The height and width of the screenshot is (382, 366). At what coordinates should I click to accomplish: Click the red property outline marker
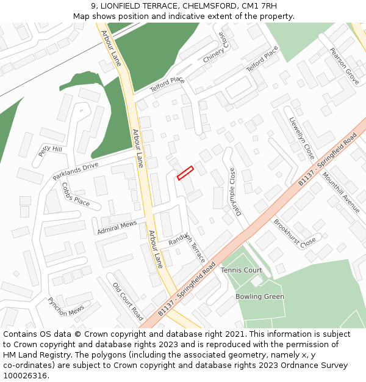(x=185, y=173)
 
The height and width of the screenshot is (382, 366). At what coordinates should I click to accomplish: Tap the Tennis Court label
(x=241, y=270)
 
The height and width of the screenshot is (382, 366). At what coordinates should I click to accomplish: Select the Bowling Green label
(x=260, y=297)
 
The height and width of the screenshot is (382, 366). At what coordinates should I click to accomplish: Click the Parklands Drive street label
(x=75, y=171)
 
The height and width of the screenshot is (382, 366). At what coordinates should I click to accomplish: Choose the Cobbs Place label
(x=76, y=195)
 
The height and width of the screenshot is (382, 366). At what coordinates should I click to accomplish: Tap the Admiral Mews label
(x=117, y=228)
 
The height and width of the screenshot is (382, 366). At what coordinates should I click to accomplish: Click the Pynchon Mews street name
(x=65, y=306)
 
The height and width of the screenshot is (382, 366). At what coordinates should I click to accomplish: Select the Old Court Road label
(x=127, y=301)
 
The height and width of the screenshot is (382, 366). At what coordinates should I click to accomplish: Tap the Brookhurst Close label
(x=294, y=232)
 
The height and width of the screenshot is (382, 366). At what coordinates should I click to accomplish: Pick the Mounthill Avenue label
(x=341, y=193)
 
